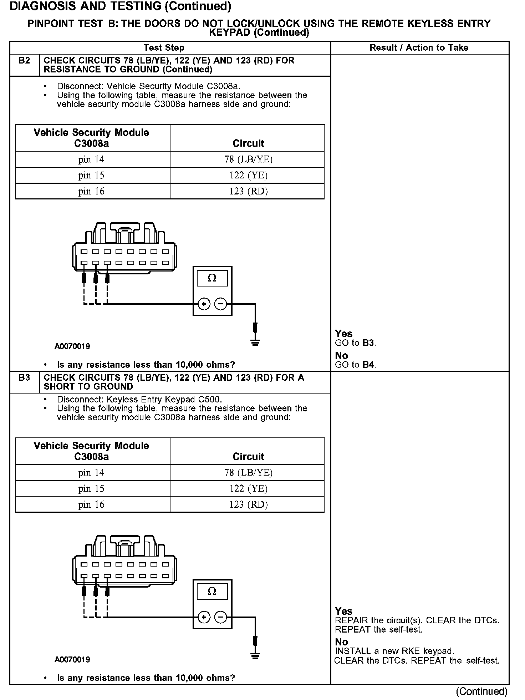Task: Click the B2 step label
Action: point(24,61)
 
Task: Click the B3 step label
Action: point(24,377)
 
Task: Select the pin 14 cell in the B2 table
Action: point(91,159)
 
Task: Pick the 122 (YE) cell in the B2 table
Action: point(248,176)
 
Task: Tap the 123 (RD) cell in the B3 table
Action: point(248,504)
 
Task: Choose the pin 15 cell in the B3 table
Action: point(91,488)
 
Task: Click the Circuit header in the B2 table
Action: point(248,143)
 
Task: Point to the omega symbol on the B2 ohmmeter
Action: point(212,278)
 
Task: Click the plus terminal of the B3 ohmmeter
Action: point(204,617)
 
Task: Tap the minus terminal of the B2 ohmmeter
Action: point(221,304)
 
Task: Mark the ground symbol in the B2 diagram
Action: point(255,343)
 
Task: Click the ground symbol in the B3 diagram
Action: point(255,656)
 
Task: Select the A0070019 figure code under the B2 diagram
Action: point(72,346)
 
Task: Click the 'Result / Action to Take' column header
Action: point(419,48)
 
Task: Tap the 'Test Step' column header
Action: point(164,48)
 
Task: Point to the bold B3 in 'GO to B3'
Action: point(368,343)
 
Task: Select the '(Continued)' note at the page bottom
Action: point(481,691)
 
